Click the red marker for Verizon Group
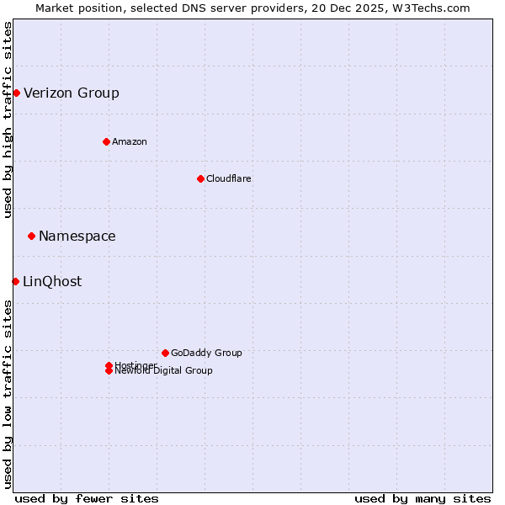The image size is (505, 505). [x=16, y=93]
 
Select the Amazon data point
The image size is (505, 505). [x=106, y=141]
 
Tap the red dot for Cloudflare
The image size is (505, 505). [x=200, y=178]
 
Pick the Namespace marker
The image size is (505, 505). [x=31, y=236]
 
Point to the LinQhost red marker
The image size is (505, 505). [x=15, y=281]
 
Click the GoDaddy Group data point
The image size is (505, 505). [x=165, y=353]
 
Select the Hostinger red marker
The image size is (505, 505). [x=109, y=365]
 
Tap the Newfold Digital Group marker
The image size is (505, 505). [x=109, y=371]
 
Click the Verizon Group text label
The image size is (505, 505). [x=72, y=93]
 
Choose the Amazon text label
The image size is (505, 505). [x=130, y=141]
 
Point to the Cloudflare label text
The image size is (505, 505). [x=229, y=178]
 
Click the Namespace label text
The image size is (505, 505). [x=77, y=236]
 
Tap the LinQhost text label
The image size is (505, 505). [x=52, y=281]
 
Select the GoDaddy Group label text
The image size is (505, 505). [x=206, y=353]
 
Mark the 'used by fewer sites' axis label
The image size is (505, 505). [x=87, y=498]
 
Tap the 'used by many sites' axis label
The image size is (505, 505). [x=423, y=498]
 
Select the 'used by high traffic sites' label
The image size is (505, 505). [x=8, y=120]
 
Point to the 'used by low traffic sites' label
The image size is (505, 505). [x=8, y=394]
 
